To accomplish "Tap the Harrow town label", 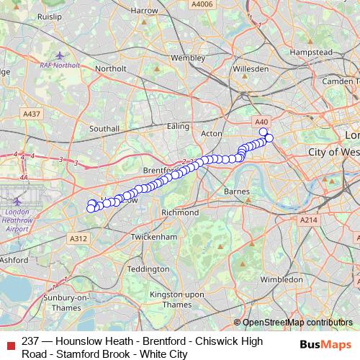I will click(x=145, y=11).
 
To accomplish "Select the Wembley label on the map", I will click(x=188, y=57).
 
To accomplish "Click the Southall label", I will click(x=104, y=128).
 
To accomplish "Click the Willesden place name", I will click(x=251, y=69).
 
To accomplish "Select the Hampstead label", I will click(x=310, y=53).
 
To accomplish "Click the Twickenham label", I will click(x=155, y=236).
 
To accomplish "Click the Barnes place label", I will click(x=237, y=192).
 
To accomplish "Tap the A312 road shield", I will click(x=78, y=238).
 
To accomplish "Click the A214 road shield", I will click(x=308, y=220).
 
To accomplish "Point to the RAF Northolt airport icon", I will click(x=60, y=55).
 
